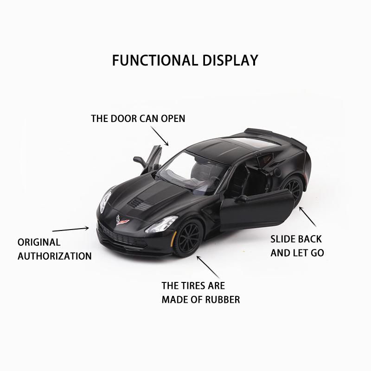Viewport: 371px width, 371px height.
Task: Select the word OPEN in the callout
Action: coord(173,119)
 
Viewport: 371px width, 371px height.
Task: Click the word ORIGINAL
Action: coord(39,242)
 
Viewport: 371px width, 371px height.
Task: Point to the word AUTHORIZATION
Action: coord(54,256)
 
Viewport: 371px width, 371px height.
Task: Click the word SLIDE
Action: coord(283,240)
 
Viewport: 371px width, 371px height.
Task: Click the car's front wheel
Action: coord(188,236)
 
